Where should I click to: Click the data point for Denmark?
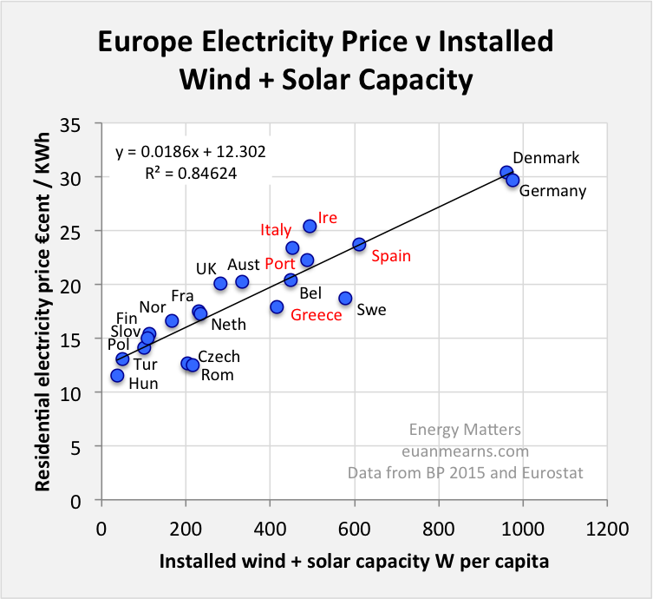[x=506, y=173]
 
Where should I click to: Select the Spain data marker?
[x=359, y=245]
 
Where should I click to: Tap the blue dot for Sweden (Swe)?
[x=345, y=298]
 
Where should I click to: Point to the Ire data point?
[x=310, y=226]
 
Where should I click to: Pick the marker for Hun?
[x=117, y=376]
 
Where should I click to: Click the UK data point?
[x=220, y=283]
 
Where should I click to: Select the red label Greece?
[x=317, y=315]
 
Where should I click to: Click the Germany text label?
[x=552, y=191]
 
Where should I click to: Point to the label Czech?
[x=219, y=357]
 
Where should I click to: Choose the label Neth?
[x=228, y=325]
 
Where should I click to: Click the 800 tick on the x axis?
[x=439, y=526]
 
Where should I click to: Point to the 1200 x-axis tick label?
[x=606, y=526]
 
